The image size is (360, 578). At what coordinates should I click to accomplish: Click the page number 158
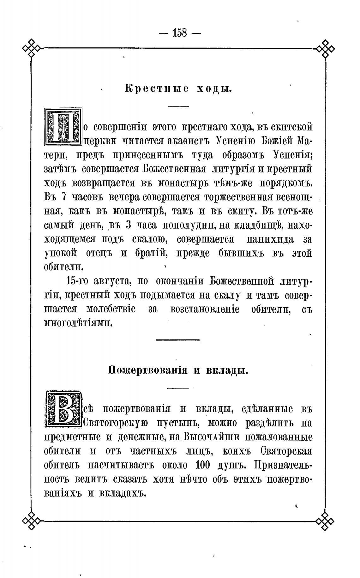tap(180, 33)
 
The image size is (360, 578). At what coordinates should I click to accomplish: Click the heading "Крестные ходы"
tap(178, 89)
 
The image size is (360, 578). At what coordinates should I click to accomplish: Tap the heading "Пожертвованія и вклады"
tap(178, 370)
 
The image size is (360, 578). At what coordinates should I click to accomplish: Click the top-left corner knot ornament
tap(32, 48)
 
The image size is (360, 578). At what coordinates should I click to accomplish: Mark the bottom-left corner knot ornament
tap(32, 521)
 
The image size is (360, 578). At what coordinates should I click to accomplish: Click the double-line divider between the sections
tap(178, 340)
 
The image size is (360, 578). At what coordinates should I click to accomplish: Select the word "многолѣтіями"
tap(78, 323)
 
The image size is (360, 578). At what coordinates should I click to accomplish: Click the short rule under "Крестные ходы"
tap(178, 106)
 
